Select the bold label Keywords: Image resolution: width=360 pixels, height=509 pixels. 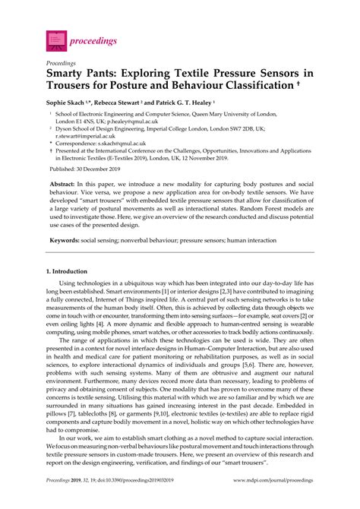(66, 240)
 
